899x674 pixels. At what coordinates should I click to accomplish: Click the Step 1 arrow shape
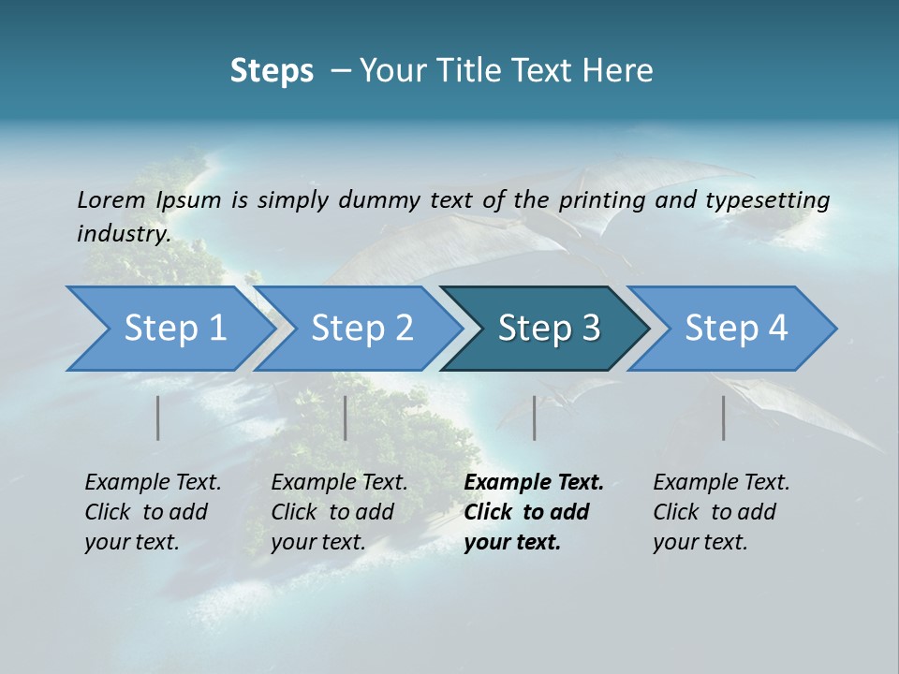click(169, 329)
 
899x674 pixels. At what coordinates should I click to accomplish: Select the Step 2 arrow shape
click(361, 329)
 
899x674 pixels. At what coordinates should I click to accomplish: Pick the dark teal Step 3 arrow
click(548, 329)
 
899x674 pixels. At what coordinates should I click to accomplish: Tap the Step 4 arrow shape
click(735, 329)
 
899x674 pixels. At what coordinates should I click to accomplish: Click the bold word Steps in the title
click(272, 71)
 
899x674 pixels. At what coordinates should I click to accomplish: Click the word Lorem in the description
click(111, 199)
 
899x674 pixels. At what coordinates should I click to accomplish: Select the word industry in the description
click(123, 233)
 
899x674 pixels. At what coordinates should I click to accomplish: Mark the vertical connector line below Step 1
click(158, 418)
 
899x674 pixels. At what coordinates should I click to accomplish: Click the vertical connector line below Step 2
click(346, 418)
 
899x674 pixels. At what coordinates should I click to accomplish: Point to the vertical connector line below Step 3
click(534, 418)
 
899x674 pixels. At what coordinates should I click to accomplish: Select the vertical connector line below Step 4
click(723, 418)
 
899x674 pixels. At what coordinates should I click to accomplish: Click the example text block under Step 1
click(153, 512)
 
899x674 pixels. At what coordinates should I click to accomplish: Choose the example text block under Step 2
click(339, 512)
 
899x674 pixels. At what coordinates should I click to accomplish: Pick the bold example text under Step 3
click(533, 512)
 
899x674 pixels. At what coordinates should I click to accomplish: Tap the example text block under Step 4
click(721, 512)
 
